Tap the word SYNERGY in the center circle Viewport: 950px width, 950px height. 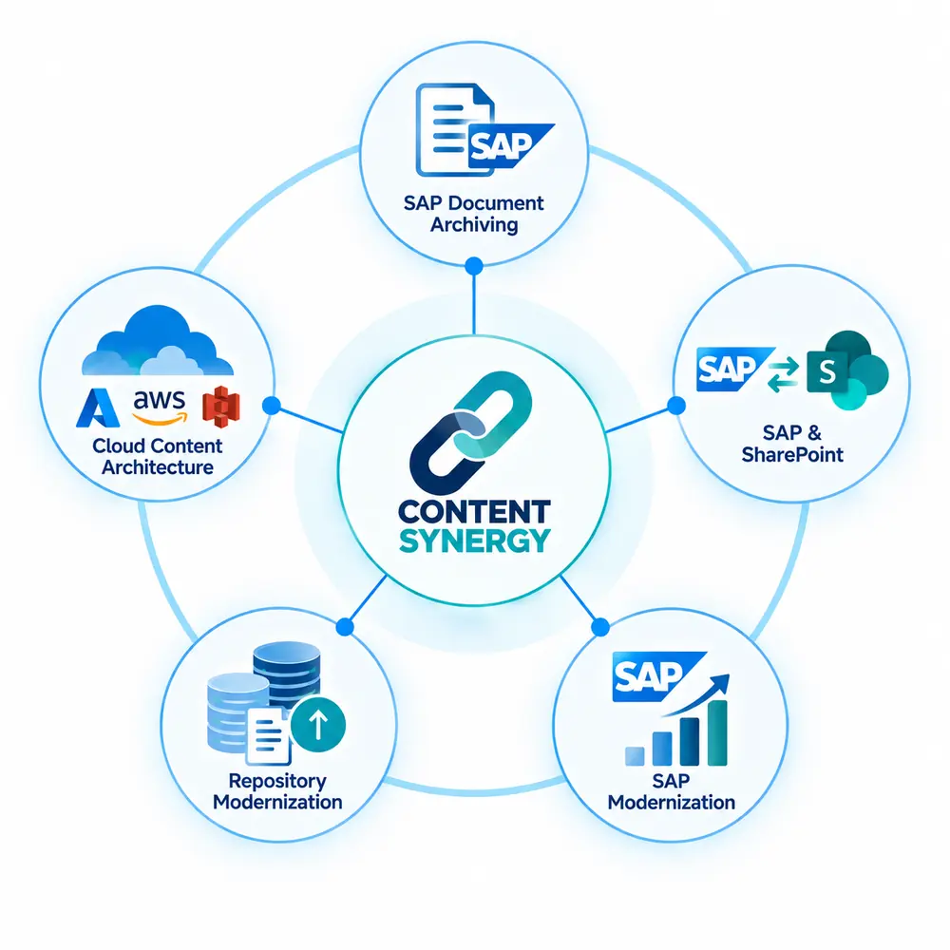pos(474,541)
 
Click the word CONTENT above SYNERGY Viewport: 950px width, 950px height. pos(474,512)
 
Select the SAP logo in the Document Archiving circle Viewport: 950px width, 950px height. pos(509,145)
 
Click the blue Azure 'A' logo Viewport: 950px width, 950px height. pos(98,408)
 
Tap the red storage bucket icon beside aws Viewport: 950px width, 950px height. pos(221,407)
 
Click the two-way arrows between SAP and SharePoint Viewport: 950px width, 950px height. pos(783,374)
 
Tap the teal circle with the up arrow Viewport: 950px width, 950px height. pos(318,724)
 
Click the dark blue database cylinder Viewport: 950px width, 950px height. pos(287,673)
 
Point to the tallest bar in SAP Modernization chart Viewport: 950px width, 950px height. pos(717,732)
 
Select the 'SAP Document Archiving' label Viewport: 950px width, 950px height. pos(474,213)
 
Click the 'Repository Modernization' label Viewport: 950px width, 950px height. pos(277,791)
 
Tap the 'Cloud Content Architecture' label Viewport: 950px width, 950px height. pos(158,456)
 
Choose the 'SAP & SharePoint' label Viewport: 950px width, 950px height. pos(792,444)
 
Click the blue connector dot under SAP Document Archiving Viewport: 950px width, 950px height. pos(474,265)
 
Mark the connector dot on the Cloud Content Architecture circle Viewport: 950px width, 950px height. pos(272,406)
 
